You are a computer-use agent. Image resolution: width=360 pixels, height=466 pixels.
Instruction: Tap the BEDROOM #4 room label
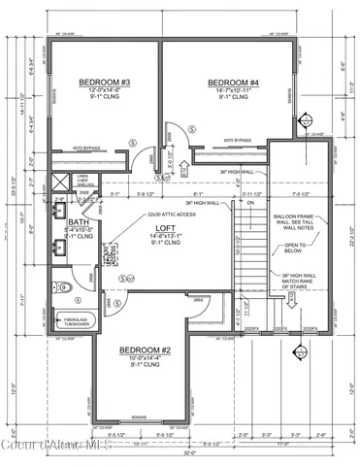tap(229, 83)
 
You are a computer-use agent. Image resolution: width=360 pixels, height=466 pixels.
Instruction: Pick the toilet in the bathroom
tap(61, 288)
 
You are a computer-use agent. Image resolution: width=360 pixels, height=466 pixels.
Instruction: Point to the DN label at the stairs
tap(249, 203)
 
